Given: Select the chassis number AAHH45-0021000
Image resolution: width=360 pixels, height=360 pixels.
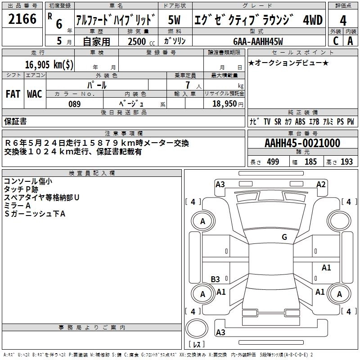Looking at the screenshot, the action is (302, 143).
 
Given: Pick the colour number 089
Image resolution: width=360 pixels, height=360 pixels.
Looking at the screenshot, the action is (74, 104).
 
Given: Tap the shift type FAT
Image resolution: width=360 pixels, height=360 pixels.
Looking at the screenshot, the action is (13, 94).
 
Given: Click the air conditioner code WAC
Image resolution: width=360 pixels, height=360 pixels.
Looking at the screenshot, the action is (34, 94).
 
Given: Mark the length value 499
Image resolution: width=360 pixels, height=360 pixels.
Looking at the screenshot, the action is (273, 162).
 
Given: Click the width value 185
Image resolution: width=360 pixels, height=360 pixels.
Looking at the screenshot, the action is (310, 162).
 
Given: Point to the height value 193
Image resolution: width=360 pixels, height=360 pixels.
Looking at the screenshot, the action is (346, 162).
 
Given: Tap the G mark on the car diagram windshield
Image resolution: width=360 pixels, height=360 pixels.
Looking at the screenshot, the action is (284, 237).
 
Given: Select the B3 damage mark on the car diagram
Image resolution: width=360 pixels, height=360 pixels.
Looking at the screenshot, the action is (215, 279).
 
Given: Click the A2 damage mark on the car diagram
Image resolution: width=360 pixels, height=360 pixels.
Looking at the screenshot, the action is (321, 184).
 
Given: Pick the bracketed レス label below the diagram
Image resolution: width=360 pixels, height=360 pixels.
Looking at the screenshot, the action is (196, 345).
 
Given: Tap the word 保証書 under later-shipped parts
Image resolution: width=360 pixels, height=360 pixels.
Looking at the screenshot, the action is (15, 121).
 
